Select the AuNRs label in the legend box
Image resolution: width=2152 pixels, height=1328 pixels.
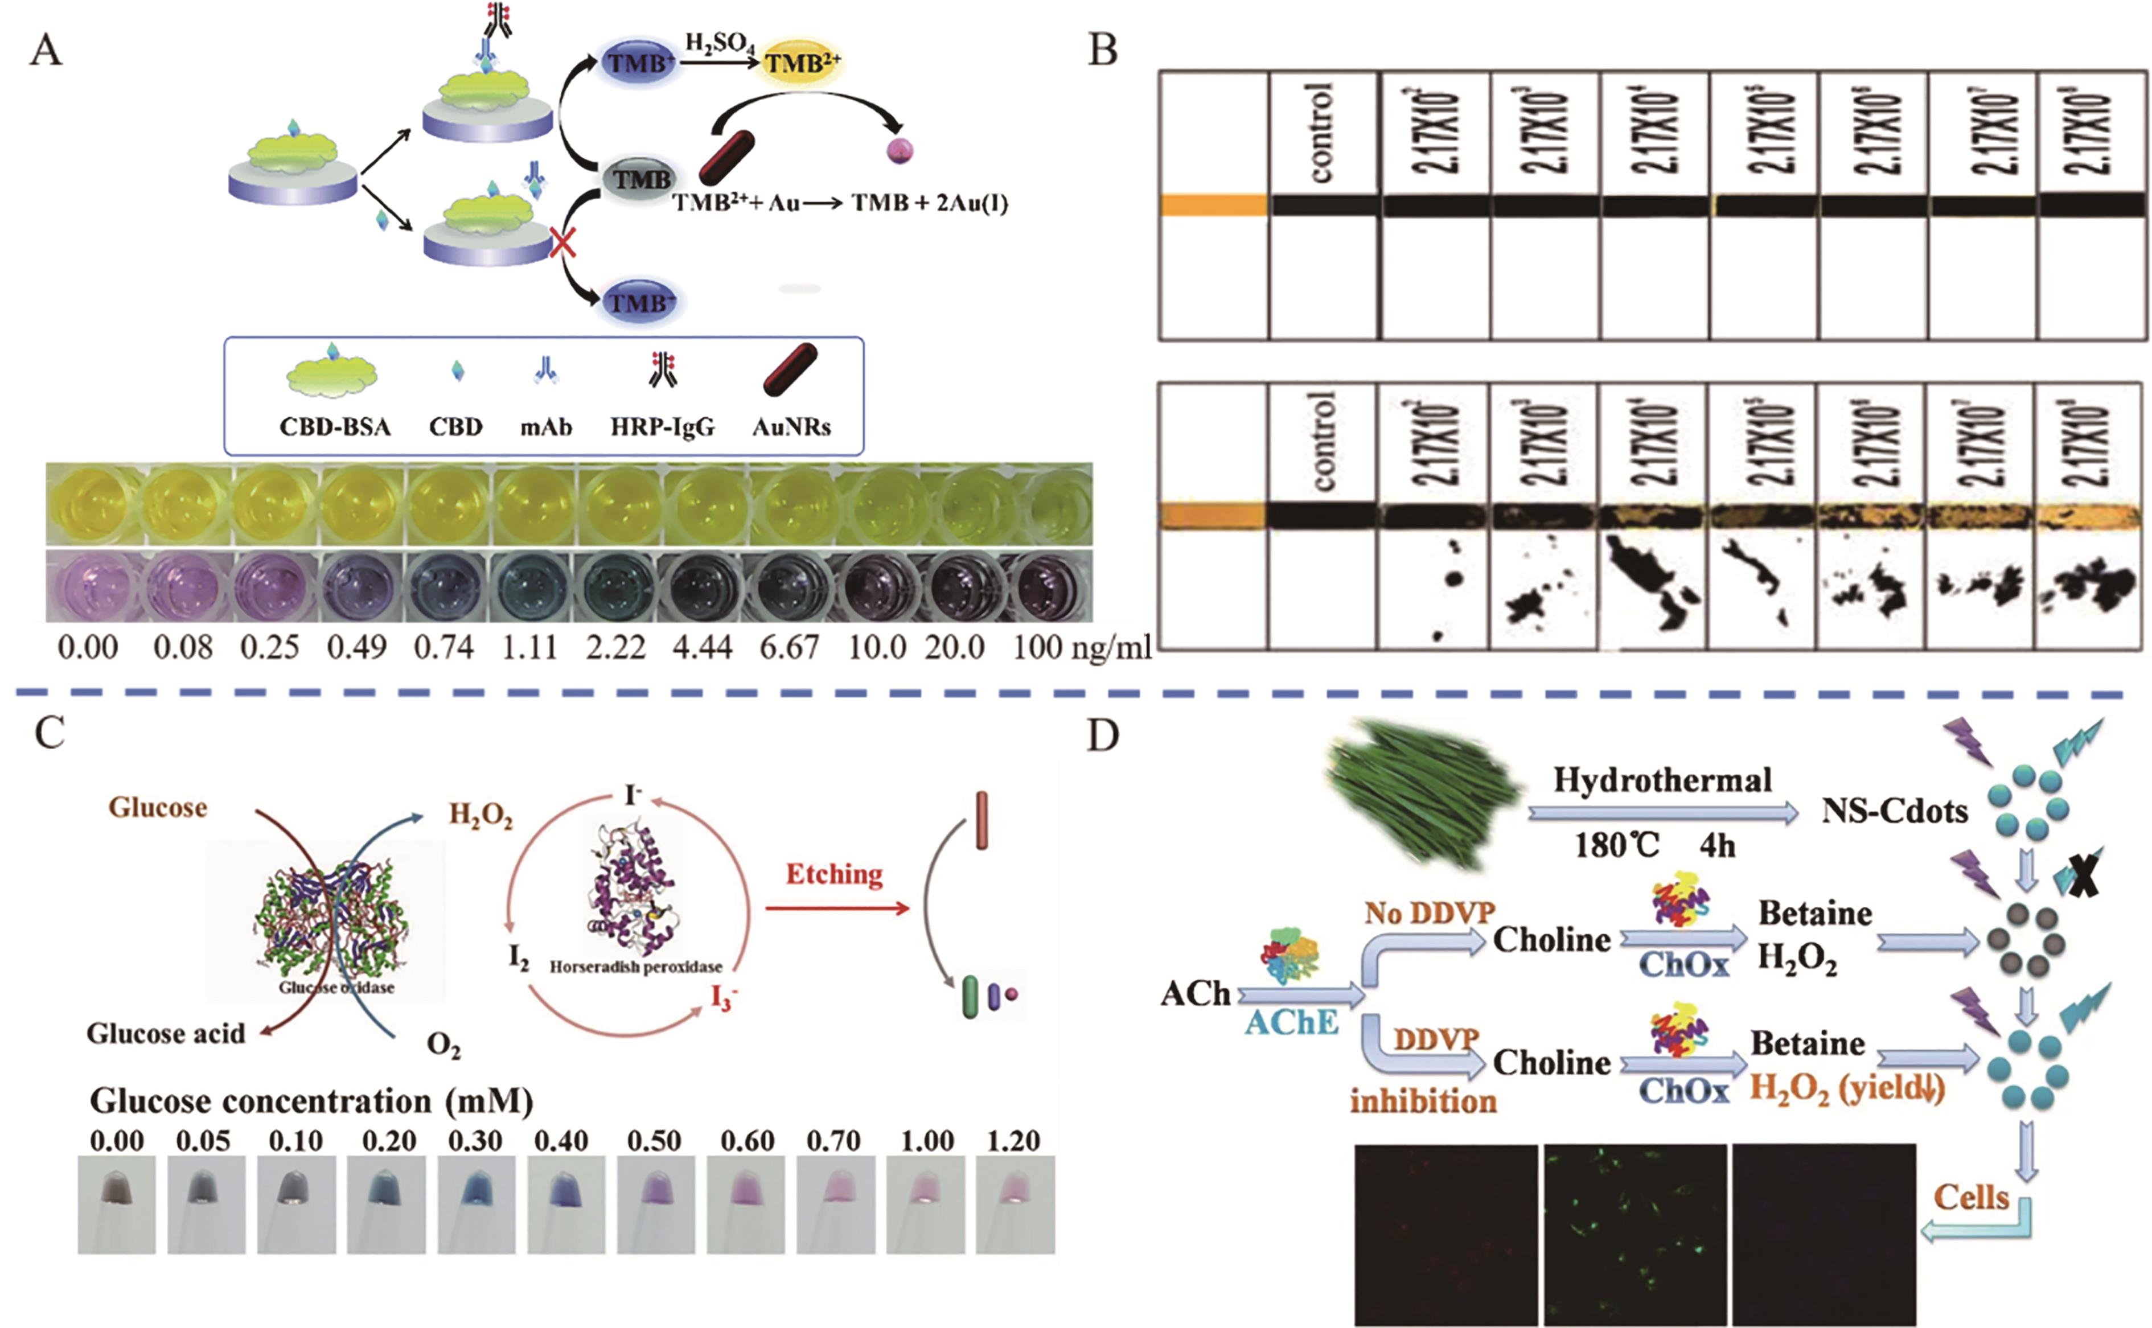coord(791,427)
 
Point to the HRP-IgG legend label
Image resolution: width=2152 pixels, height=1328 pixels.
coord(662,427)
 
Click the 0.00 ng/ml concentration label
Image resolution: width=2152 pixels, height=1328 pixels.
coord(88,648)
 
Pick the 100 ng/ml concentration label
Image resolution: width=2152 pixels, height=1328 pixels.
coord(1081,648)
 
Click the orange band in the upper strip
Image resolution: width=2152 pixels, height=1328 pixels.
coord(1213,205)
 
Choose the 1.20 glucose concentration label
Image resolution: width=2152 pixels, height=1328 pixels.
coord(1013,1141)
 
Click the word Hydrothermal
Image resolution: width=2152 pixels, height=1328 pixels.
coord(1662,780)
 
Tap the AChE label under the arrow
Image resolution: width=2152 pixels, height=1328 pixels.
coord(1290,1021)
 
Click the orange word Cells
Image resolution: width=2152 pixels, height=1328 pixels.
coord(1972,1197)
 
